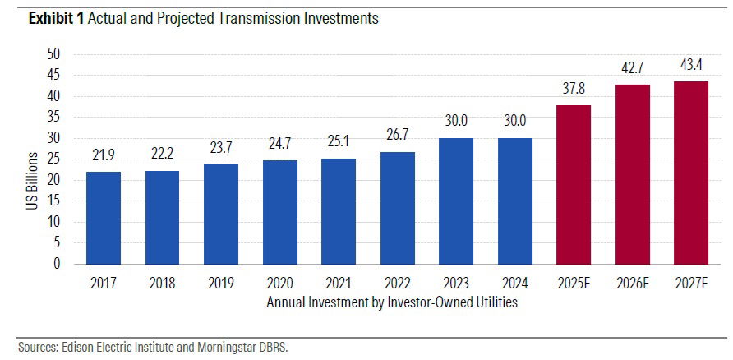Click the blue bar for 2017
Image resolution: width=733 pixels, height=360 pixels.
point(104,218)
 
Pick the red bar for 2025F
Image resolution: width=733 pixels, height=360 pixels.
point(574,184)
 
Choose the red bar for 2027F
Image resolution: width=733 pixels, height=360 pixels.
point(692,173)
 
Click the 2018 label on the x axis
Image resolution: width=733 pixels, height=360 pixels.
point(163,285)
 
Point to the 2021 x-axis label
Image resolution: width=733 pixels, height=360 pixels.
point(339,285)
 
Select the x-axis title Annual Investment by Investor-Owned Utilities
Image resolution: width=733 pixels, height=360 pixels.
point(392,302)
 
